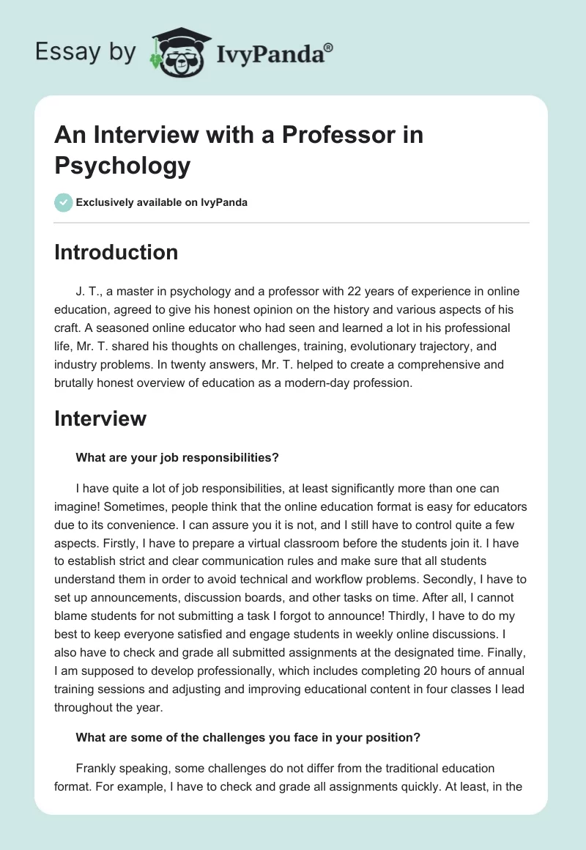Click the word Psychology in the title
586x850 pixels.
pos(122,166)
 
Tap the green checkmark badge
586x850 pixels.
pos(64,202)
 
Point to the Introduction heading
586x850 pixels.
pos(116,252)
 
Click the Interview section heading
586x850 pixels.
pos(100,418)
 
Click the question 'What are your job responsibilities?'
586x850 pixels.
pos(177,457)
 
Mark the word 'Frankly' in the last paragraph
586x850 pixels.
pos(97,769)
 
